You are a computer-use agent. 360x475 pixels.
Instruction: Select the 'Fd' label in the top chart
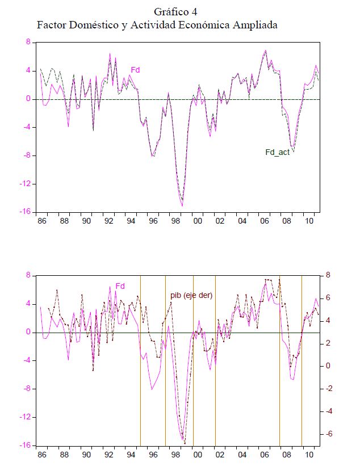136,70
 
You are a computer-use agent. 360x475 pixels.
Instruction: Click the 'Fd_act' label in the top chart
278,152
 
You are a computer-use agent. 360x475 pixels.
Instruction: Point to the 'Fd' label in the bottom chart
120,286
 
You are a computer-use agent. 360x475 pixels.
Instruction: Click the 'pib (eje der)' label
191,295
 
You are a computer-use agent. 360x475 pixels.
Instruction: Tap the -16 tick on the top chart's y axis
25,212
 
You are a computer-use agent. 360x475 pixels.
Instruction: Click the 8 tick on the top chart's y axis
27,42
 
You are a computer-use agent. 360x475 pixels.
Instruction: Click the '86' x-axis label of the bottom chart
41,455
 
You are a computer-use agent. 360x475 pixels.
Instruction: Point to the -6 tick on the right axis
327,434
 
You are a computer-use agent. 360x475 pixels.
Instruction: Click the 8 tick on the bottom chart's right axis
327,275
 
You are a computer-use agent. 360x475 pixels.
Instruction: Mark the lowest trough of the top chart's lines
182,205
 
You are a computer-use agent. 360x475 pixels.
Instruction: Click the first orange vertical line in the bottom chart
141,363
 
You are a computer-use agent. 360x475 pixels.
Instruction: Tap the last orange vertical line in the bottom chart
301,363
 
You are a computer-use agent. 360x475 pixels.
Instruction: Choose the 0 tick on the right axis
327,366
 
